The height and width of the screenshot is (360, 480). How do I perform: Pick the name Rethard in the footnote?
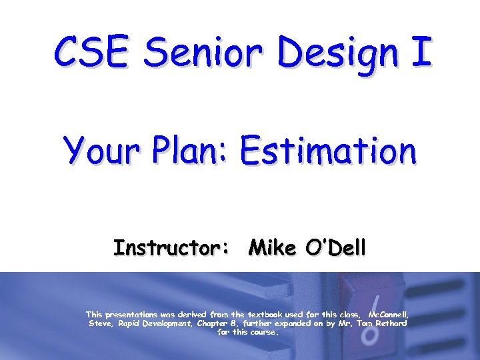coord(391,323)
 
